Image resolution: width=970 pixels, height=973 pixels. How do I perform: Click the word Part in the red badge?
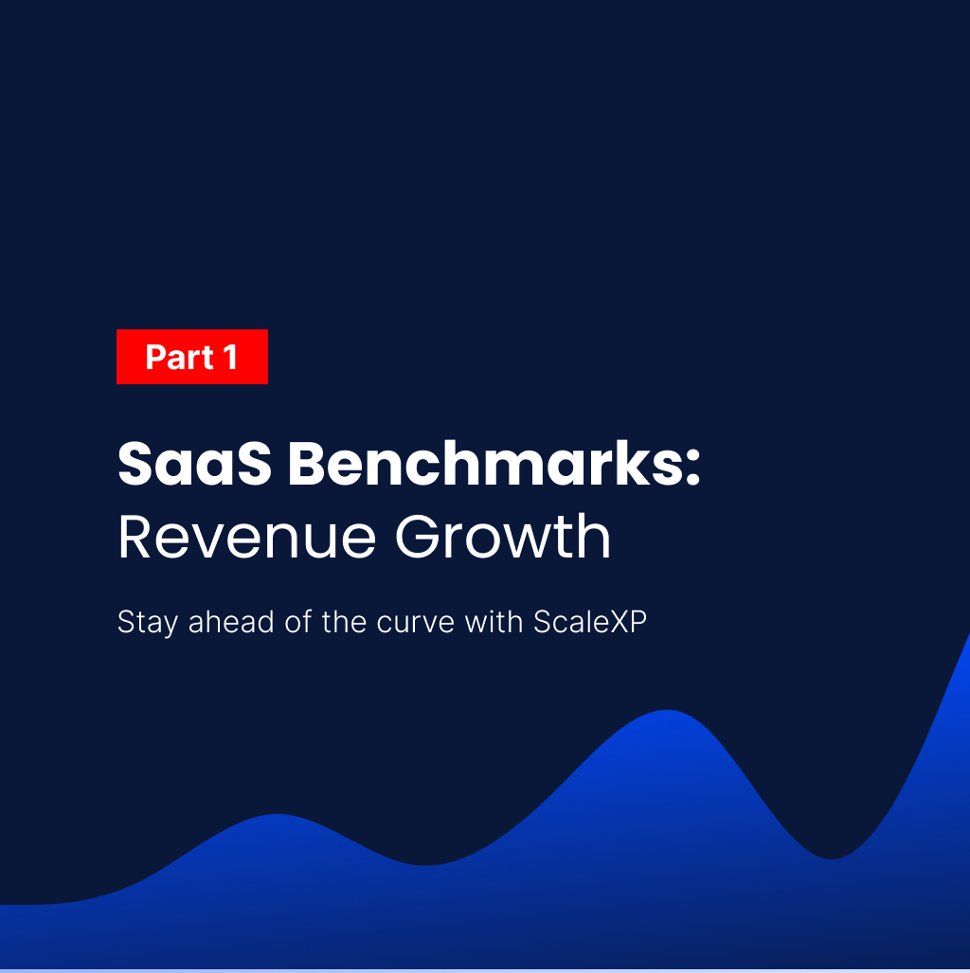(x=179, y=358)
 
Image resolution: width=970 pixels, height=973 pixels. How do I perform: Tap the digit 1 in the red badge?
(x=230, y=358)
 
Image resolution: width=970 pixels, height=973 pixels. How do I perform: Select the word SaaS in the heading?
(x=192, y=465)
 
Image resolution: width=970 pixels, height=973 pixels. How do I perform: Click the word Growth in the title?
(x=503, y=538)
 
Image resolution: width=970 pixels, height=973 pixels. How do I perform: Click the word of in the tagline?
(x=296, y=623)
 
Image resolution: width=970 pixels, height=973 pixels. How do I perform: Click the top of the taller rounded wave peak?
(x=668, y=713)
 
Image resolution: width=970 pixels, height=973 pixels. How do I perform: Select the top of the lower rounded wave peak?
(x=278, y=817)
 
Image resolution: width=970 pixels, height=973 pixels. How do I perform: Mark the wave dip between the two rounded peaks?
(x=426, y=862)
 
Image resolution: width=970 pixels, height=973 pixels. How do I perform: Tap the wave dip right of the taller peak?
(x=833, y=857)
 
